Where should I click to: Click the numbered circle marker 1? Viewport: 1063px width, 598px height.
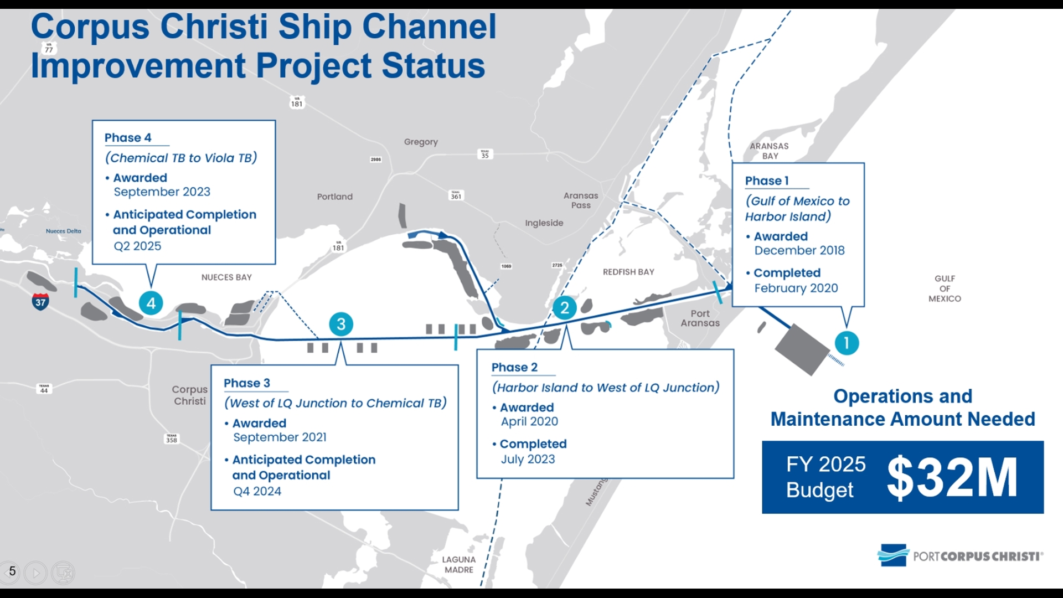[846, 343]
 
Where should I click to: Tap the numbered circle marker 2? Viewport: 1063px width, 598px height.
[564, 307]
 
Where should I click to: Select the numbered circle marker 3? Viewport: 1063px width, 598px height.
[341, 324]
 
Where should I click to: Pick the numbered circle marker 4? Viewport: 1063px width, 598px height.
[151, 303]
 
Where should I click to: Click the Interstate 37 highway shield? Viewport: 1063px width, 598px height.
[40, 302]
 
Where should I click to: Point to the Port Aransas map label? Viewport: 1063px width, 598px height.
[700, 318]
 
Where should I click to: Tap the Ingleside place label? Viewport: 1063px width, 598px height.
[544, 223]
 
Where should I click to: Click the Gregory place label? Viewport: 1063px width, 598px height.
[421, 142]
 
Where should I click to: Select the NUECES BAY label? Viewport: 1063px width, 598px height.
[226, 277]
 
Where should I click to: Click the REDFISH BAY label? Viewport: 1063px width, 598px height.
[628, 272]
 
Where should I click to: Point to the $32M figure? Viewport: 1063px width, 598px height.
[952, 477]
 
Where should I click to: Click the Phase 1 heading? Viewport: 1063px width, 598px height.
[767, 181]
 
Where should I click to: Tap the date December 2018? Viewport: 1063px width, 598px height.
[799, 251]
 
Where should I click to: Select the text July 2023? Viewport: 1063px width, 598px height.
[528, 459]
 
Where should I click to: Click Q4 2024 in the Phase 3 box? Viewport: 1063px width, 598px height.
[257, 491]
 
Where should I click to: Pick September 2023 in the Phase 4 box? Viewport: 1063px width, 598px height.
[162, 192]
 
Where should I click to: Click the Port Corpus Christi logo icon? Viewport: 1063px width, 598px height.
[892, 555]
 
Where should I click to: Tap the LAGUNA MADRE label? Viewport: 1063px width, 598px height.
[458, 565]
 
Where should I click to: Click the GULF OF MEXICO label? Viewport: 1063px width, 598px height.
[945, 288]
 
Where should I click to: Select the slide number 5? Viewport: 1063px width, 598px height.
[12, 571]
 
